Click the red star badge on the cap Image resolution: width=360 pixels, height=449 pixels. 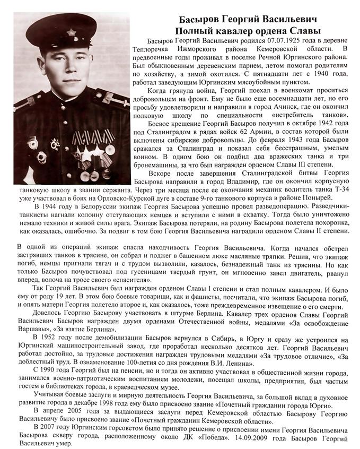tap(71, 33)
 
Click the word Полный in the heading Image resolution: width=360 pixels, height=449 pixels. tap(197, 24)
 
